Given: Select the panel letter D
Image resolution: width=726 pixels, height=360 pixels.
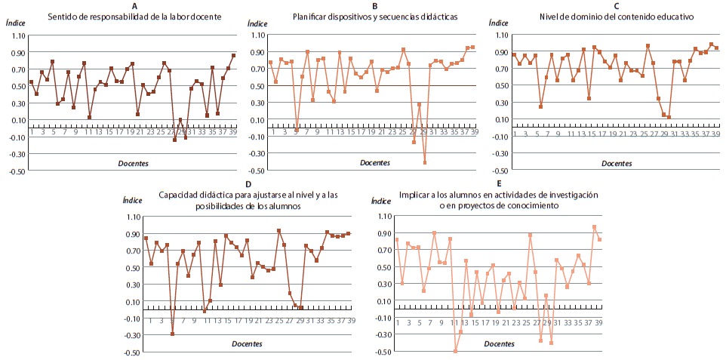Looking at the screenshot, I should click(x=249, y=184).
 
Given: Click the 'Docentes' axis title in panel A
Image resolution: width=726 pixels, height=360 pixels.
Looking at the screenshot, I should click(x=133, y=163).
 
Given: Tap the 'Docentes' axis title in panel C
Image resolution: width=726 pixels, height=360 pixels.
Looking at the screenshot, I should click(x=617, y=163).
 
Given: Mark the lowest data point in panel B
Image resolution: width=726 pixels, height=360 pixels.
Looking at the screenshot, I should click(x=425, y=163).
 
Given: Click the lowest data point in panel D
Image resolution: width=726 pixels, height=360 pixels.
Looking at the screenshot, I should click(x=172, y=334).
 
